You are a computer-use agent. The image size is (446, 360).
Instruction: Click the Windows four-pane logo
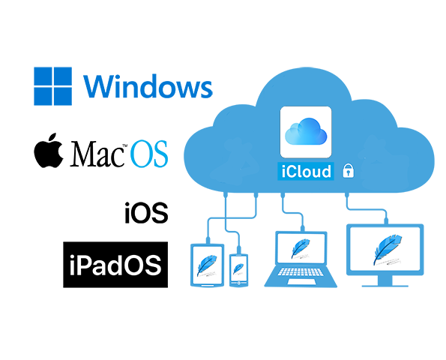click(52, 86)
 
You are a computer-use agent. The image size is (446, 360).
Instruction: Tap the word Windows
click(148, 86)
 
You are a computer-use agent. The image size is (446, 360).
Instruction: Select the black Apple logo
click(49, 150)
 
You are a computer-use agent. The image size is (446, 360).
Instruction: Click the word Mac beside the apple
click(97, 154)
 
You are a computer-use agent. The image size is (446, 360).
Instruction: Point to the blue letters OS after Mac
click(149, 154)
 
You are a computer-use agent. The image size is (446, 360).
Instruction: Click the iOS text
click(146, 212)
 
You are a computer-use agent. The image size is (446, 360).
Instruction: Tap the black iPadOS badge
click(115, 265)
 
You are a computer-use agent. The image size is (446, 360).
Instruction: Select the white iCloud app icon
click(306, 132)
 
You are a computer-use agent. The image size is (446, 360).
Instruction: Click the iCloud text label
click(306, 172)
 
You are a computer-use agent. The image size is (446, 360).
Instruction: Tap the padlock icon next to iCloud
click(348, 171)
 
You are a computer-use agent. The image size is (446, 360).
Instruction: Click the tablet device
click(207, 265)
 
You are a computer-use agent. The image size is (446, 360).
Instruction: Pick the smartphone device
click(238, 270)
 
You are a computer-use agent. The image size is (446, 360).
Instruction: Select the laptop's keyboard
click(301, 271)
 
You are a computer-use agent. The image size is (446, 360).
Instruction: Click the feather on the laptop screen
click(301, 248)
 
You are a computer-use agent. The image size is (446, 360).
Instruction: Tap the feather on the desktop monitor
click(387, 250)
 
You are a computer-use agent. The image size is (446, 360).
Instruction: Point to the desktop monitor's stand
click(385, 282)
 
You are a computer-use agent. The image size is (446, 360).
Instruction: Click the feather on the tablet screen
click(207, 265)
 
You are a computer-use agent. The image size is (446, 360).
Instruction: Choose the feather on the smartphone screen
click(238, 268)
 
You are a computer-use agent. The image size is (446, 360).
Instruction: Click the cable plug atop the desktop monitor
click(386, 220)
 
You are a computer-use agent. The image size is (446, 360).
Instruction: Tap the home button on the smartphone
click(238, 283)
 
